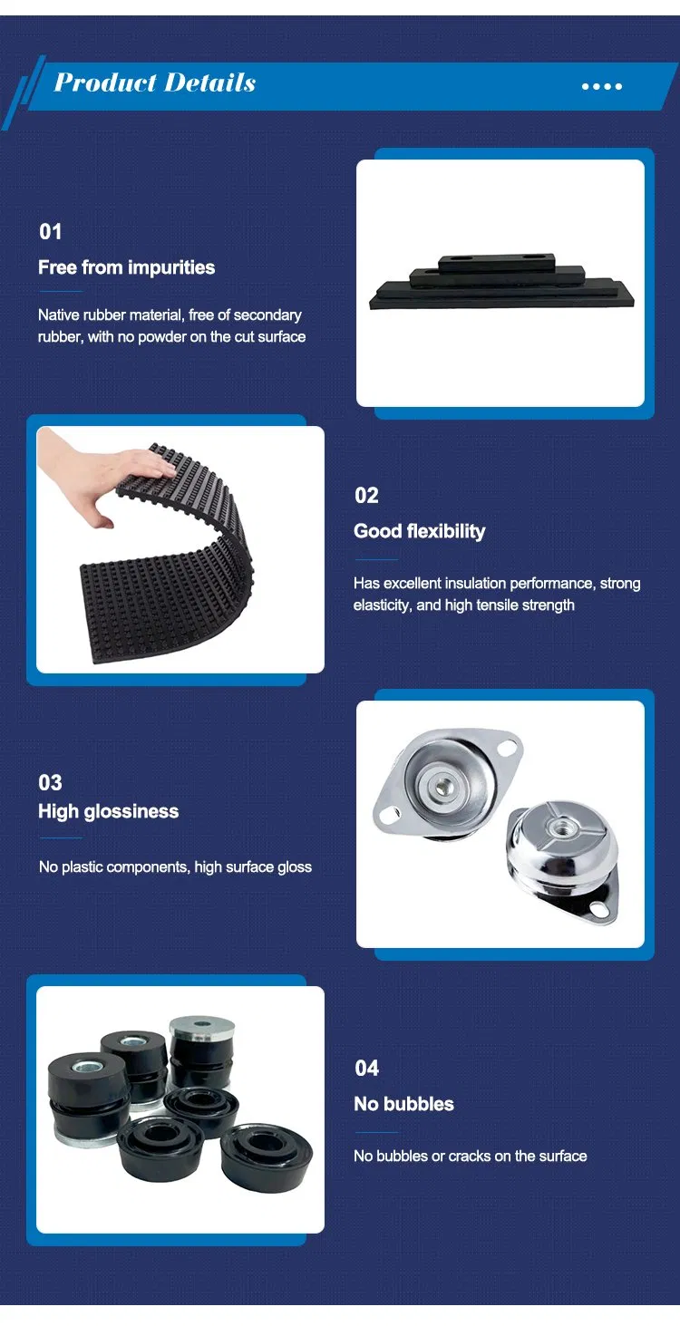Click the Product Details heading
pos(155,82)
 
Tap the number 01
pos(51,232)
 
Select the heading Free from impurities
pos(126,267)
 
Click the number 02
pos(366,495)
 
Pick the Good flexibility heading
pos(419,531)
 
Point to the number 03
pos(50,783)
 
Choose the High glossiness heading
pos(108,811)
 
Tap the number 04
pos(366,1069)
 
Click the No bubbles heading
pos(403,1104)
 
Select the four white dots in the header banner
pos(601,87)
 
